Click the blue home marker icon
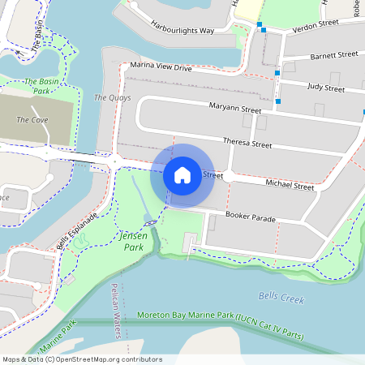pos(182,174)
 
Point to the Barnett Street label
pos(333,55)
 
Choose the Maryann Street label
pos(234,109)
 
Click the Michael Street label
pos(290,186)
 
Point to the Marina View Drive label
pos(161,68)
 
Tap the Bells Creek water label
pos(281,298)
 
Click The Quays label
pos(112,97)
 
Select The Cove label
pos(32,120)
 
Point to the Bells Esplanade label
pos(77,231)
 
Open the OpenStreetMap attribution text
pos(82,359)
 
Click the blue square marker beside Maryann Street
pos(278,101)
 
